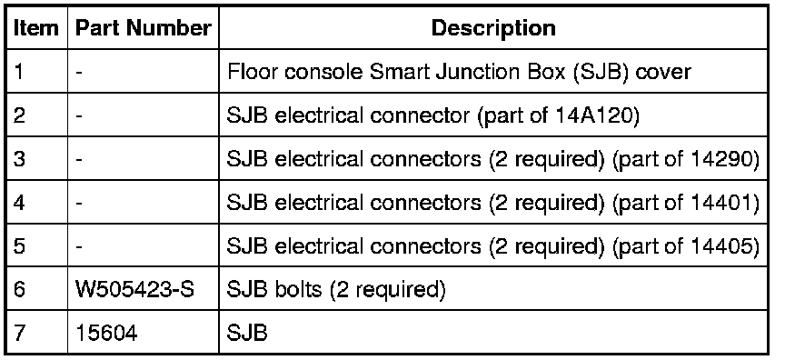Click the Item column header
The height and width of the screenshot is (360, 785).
[35, 28]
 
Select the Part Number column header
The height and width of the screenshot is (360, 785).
[143, 28]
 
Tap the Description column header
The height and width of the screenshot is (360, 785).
[493, 28]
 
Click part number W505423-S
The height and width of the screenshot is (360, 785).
[134, 289]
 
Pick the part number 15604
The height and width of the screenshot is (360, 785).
[106, 333]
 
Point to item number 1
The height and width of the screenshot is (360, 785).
[18, 72]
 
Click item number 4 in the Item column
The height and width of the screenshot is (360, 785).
[19, 203]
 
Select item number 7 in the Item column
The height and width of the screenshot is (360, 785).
[19, 333]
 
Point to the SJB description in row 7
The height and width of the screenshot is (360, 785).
[247, 333]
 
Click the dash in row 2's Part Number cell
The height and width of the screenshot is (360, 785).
[79, 116]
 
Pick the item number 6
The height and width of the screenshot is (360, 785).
[19, 289]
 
